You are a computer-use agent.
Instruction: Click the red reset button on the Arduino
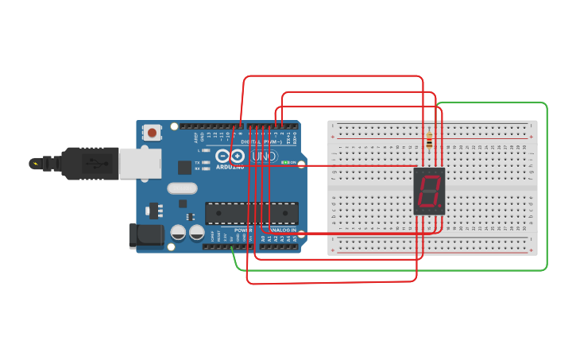click(x=152, y=133)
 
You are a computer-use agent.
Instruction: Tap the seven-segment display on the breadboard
click(x=429, y=191)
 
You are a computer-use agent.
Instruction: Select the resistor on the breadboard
click(x=430, y=141)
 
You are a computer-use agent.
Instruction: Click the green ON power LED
click(x=285, y=162)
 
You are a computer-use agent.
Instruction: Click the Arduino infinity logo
click(x=230, y=156)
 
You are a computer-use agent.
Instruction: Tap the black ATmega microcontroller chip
click(x=252, y=213)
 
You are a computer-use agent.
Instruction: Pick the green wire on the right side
click(x=547, y=191)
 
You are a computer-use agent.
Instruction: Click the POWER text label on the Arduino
click(x=243, y=230)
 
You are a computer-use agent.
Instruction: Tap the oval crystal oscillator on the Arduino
click(x=182, y=188)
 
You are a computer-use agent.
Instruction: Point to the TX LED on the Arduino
click(x=205, y=162)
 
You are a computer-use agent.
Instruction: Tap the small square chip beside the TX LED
click(x=184, y=167)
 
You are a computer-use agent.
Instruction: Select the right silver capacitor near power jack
click(x=196, y=232)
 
